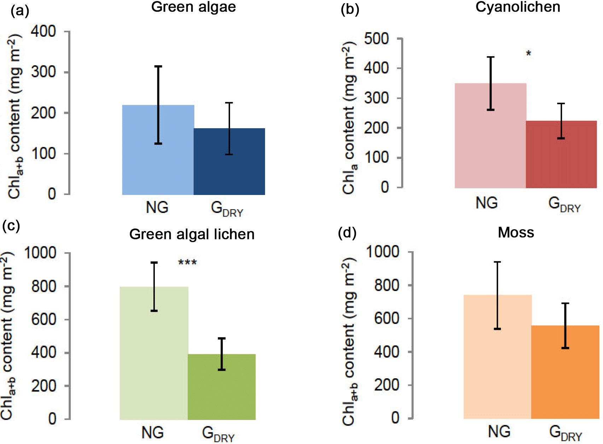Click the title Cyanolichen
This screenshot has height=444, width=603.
(x=518, y=7)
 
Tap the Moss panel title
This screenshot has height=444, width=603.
(x=516, y=232)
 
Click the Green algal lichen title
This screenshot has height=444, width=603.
(x=192, y=234)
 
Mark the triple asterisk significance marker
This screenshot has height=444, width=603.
(x=187, y=262)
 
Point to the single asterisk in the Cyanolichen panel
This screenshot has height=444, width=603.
(x=528, y=54)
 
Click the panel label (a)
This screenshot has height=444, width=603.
(x=20, y=11)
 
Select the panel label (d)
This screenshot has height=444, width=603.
(x=347, y=233)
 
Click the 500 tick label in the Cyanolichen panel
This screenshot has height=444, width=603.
(x=376, y=39)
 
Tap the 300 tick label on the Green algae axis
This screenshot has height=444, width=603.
(x=43, y=72)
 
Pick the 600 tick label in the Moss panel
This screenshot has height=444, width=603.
(x=387, y=318)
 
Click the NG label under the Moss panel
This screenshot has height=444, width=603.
(x=499, y=431)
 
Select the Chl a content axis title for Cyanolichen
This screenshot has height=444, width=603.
(x=349, y=118)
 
